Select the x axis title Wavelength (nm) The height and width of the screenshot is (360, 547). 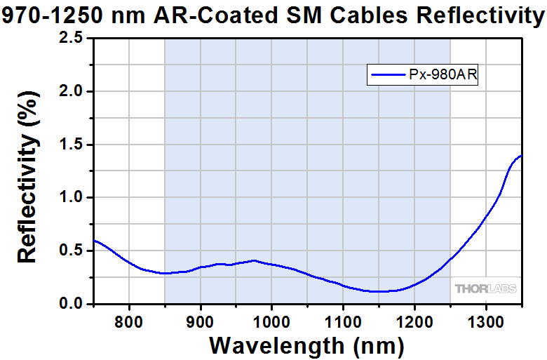(x=306, y=345)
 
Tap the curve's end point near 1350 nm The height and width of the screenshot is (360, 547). (x=521, y=156)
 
